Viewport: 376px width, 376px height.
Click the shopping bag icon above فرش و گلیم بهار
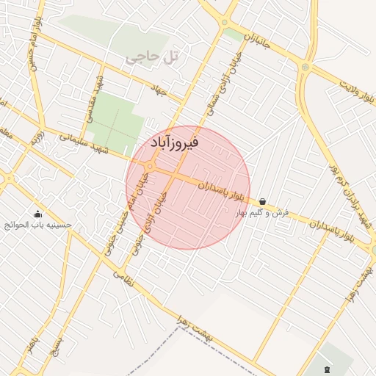[262, 200]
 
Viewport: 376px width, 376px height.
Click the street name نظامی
[125, 279]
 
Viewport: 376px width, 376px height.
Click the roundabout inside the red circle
[150, 167]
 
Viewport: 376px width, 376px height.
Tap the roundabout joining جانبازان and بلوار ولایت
[305, 68]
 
